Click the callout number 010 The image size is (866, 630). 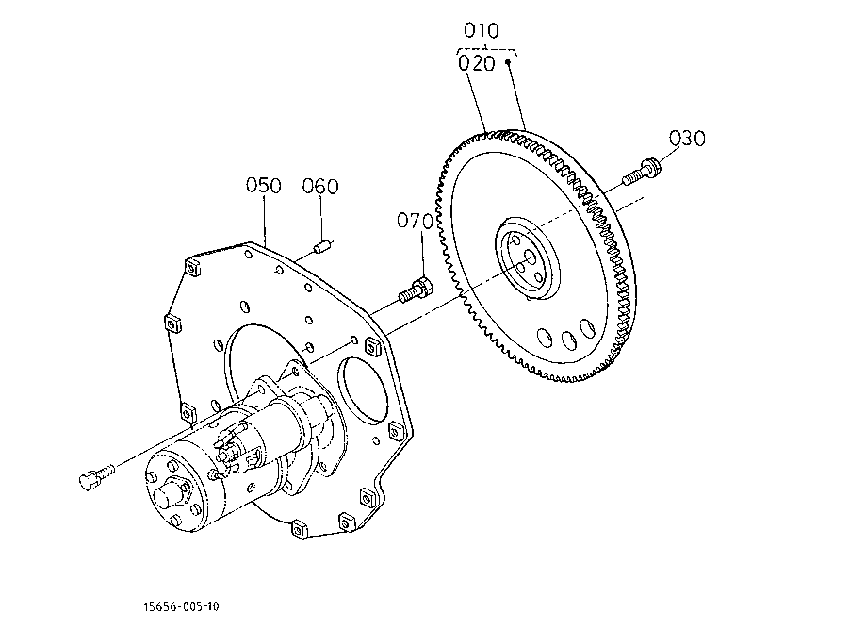481,30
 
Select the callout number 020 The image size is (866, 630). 476,63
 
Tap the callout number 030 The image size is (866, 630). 687,138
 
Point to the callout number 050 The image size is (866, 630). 264,185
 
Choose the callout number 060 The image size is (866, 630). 320,186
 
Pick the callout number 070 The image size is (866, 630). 415,221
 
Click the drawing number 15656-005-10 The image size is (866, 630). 181,606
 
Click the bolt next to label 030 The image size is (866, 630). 641,172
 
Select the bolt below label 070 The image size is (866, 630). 416,290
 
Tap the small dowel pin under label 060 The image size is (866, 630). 322,246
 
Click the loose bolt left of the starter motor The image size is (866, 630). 97,476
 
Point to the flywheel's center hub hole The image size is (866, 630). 530,257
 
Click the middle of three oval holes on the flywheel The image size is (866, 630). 568,340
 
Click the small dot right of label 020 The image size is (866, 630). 508,62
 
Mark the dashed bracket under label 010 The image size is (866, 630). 486,51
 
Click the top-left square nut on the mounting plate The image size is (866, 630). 191,268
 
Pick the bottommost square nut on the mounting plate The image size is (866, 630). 299,530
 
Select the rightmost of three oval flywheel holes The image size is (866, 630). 586,328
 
